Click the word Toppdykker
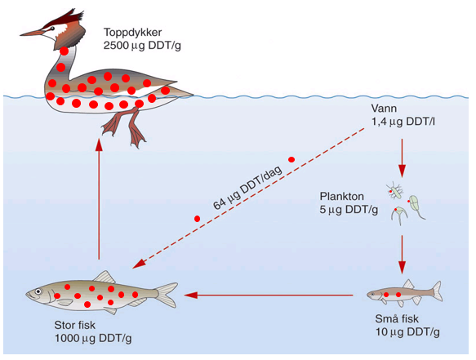(x=132, y=32)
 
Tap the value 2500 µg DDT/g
(x=142, y=46)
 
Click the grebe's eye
(x=52, y=29)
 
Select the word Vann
(x=384, y=109)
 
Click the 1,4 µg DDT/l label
(x=403, y=122)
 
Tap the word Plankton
(x=342, y=197)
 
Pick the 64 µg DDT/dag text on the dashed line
(x=247, y=188)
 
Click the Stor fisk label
(x=74, y=325)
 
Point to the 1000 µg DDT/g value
(x=93, y=339)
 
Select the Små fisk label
(x=397, y=318)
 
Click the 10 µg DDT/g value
(x=407, y=332)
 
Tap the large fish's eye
(x=38, y=291)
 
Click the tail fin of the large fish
(x=167, y=295)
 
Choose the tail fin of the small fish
(x=437, y=291)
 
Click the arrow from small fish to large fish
(x=269, y=295)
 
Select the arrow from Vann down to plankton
(x=403, y=158)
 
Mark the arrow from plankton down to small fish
(x=403, y=255)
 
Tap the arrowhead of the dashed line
(x=139, y=264)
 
